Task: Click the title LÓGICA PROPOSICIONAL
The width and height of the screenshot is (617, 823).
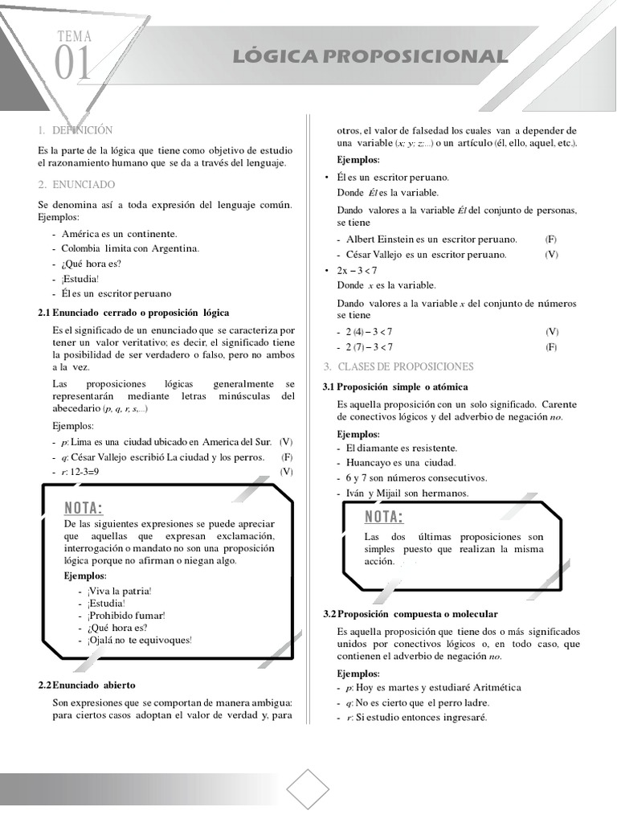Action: click(x=370, y=56)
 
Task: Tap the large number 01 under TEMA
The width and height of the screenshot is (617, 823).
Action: click(x=73, y=64)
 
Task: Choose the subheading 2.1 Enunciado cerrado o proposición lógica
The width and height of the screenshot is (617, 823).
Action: click(x=133, y=312)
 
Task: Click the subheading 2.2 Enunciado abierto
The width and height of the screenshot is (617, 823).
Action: click(x=87, y=685)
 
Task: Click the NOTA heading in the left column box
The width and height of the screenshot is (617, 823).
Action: click(x=84, y=508)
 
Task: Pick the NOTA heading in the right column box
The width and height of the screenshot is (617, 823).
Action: click(x=384, y=516)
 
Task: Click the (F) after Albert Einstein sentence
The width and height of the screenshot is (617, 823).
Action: click(x=551, y=240)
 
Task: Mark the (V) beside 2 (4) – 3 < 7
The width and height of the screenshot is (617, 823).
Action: click(x=552, y=331)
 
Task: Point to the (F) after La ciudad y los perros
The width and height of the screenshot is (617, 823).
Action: click(x=287, y=457)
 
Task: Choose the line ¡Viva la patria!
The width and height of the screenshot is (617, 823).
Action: click(x=119, y=590)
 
